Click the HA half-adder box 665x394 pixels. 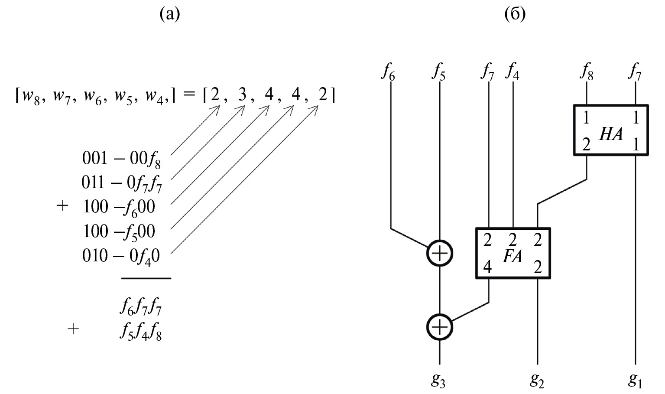611,130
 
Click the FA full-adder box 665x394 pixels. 513,253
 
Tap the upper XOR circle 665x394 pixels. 440,253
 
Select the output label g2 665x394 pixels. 537,381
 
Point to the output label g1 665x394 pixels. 635,381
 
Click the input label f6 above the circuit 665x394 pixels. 388,72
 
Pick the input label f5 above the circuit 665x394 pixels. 439,72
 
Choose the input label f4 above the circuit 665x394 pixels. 513,72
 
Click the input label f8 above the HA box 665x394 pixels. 587,72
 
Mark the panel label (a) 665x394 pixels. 169,14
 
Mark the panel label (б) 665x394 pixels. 515,14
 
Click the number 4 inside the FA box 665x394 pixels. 488,267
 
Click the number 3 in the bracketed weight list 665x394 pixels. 242,95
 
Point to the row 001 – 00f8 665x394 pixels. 121,159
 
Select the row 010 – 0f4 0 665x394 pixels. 121,257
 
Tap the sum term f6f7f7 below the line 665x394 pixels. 141,309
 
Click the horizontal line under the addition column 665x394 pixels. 146,278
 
